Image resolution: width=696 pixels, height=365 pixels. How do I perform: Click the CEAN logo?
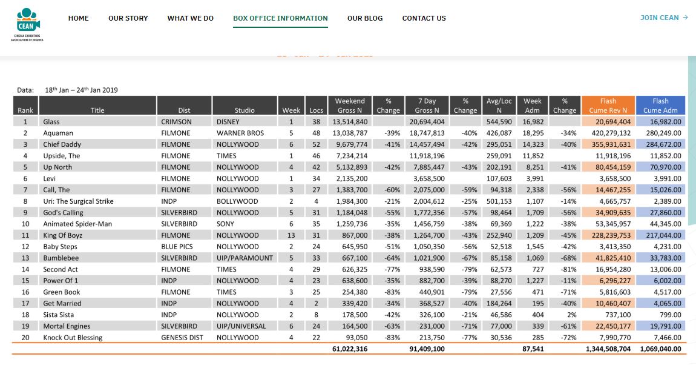[27, 24]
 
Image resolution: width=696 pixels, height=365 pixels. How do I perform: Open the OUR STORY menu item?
[128, 18]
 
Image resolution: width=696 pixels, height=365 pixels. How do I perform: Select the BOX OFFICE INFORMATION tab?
[281, 18]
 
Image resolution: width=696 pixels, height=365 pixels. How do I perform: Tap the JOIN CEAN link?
[663, 18]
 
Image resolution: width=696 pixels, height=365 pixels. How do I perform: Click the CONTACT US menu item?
[424, 18]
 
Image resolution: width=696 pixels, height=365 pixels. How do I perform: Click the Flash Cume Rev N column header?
[608, 105]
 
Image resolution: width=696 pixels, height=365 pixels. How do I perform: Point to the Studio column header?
[245, 110]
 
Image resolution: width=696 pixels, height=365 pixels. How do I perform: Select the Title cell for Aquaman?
[58, 133]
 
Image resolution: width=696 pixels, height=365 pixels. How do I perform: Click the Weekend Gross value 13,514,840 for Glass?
[350, 122]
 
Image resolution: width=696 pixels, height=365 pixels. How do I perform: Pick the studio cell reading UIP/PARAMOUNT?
[245, 258]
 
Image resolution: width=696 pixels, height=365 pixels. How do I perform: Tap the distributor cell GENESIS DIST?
[182, 338]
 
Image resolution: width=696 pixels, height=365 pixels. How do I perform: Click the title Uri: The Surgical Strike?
[78, 201]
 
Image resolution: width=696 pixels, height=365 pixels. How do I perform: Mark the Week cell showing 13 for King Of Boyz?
[291, 235]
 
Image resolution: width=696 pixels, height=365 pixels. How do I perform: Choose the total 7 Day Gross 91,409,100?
[427, 349]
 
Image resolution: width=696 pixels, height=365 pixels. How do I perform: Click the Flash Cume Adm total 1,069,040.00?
[660, 349]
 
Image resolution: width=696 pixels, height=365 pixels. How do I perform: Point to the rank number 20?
[25, 338]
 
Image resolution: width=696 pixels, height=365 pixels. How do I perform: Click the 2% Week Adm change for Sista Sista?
[572, 315]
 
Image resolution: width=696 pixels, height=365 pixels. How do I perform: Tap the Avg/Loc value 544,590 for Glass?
[499, 122]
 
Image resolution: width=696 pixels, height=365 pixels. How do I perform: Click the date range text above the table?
[81, 90]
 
